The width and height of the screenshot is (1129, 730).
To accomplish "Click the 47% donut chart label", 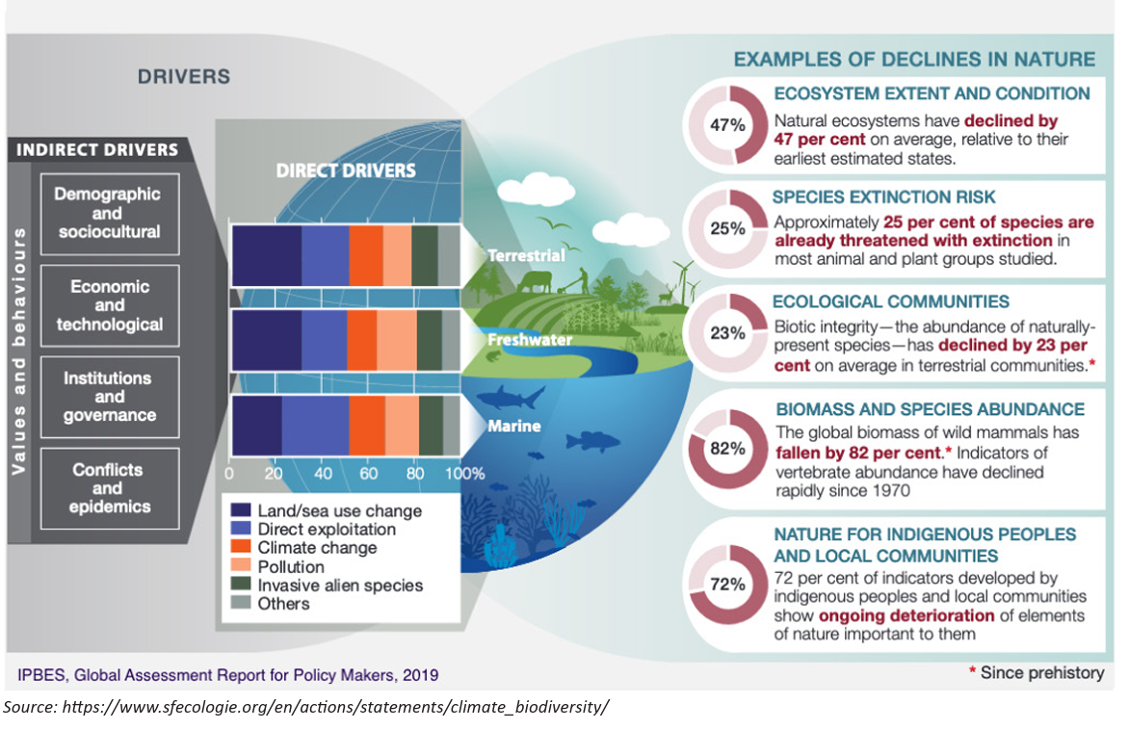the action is [x=727, y=125].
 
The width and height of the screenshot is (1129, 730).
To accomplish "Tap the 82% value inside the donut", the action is [x=727, y=449].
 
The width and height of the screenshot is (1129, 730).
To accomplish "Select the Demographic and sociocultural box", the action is [x=110, y=214].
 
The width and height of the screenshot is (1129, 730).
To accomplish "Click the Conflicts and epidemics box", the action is [x=110, y=488].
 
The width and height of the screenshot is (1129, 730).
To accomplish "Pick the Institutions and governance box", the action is [x=110, y=397].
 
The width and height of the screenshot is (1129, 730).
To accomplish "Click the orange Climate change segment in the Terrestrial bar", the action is [x=366, y=255].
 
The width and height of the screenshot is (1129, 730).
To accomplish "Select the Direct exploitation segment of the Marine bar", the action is [x=315, y=426].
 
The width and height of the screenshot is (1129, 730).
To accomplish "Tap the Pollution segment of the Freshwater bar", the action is [x=397, y=341].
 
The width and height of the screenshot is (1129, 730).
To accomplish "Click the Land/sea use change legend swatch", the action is [x=241, y=510].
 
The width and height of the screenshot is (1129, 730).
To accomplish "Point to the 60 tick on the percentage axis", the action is [x=368, y=474].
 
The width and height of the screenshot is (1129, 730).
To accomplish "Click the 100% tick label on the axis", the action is [x=464, y=474].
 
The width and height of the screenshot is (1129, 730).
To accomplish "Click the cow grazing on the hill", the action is [x=534, y=281].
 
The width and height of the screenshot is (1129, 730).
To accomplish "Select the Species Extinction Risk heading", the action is [x=883, y=197].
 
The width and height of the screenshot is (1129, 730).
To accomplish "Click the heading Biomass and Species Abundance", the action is [x=930, y=409].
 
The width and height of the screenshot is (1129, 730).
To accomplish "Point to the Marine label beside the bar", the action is [x=514, y=426].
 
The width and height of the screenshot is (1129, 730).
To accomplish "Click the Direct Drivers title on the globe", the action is [x=346, y=170].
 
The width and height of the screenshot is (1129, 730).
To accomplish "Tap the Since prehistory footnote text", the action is [x=1037, y=672].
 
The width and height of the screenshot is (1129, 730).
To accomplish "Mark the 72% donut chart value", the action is [x=727, y=584].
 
